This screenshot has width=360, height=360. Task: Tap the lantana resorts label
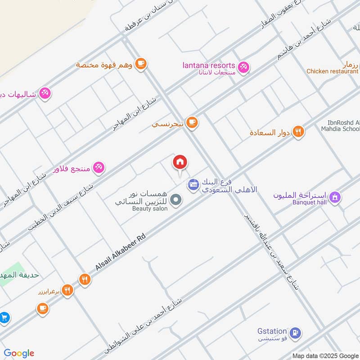point(208,65)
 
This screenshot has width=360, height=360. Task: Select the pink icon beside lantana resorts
point(243,67)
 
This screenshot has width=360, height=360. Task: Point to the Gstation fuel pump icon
point(295,333)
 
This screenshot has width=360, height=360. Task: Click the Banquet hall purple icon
point(334,197)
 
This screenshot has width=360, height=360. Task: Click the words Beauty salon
point(150,209)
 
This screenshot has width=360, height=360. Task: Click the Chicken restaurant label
point(332,71)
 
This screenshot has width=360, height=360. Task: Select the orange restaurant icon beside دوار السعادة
point(298,132)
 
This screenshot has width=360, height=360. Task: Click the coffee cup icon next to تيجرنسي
point(192,122)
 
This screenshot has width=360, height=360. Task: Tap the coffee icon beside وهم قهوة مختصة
point(141,63)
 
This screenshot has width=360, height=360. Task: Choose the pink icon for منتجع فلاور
point(99,167)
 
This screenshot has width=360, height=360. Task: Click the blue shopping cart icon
point(4,317)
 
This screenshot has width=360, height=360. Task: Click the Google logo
point(18,353)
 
